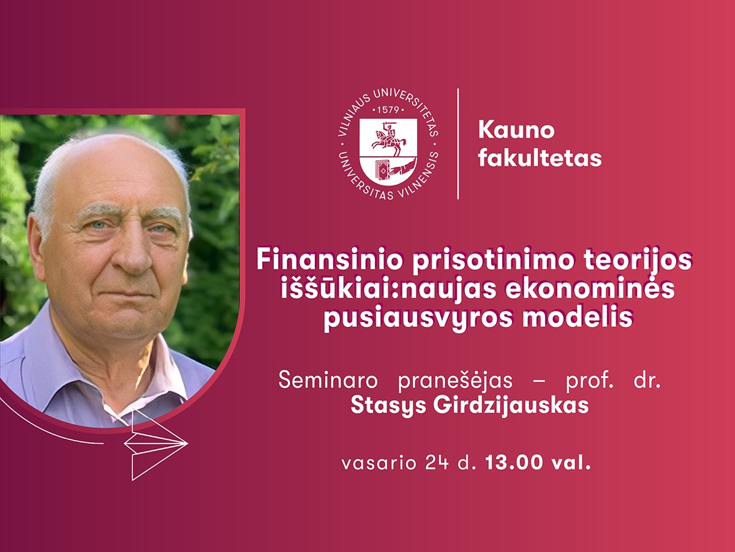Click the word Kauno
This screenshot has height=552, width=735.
[x=516, y=130]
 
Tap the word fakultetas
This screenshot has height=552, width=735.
[x=540, y=159]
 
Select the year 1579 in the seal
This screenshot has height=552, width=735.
[x=388, y=110]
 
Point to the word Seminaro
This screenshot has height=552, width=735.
[x=328, y=381]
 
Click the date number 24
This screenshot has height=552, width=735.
[x=442, y=463]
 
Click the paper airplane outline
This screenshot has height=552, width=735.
[x=156, y=444]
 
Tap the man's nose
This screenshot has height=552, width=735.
[x=130, y=253]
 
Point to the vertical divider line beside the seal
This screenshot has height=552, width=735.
[x=458, y=144]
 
